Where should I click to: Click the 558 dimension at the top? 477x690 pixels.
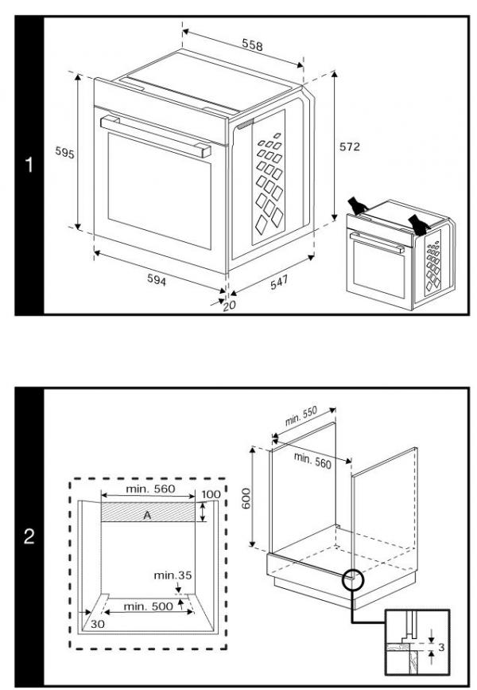point(252,46)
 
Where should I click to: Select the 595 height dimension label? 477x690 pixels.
point(64,154)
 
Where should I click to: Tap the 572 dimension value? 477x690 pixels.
point(349,146)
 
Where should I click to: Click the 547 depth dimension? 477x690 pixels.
point(278,283)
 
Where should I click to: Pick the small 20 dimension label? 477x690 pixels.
point(230,306)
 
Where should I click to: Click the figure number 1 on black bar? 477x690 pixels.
point(29,166)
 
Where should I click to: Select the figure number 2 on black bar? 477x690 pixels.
point(29,537)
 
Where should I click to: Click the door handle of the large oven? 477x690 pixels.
point(156,134)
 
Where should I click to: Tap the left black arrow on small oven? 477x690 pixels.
point(360,205)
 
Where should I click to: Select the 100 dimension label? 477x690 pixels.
point(211,495)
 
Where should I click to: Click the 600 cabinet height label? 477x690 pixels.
point(246,497)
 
